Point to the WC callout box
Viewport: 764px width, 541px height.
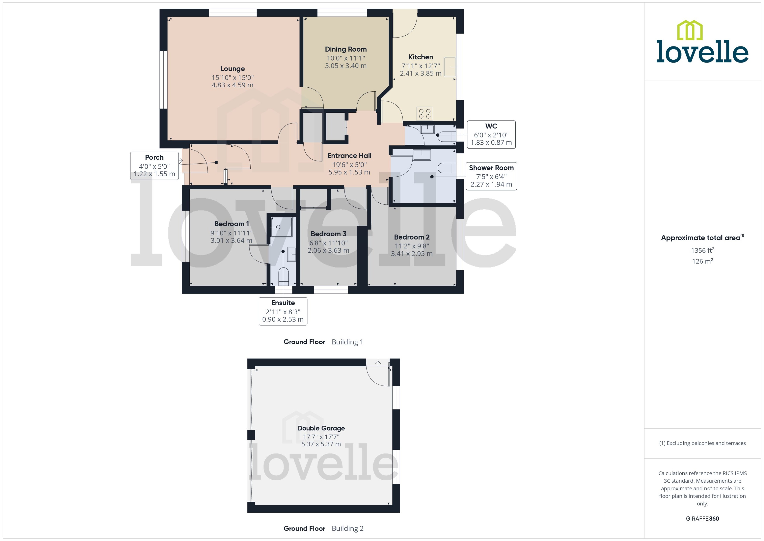[491, 134]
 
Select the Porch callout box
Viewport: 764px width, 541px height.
[154, 166]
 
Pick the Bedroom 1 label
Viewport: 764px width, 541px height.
[231, 224]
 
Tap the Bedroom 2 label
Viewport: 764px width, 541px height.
[411, 237]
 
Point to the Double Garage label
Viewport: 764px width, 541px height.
[321, 428]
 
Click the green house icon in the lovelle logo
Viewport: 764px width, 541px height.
[690, 30]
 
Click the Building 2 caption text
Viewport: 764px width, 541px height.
[347, 528]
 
